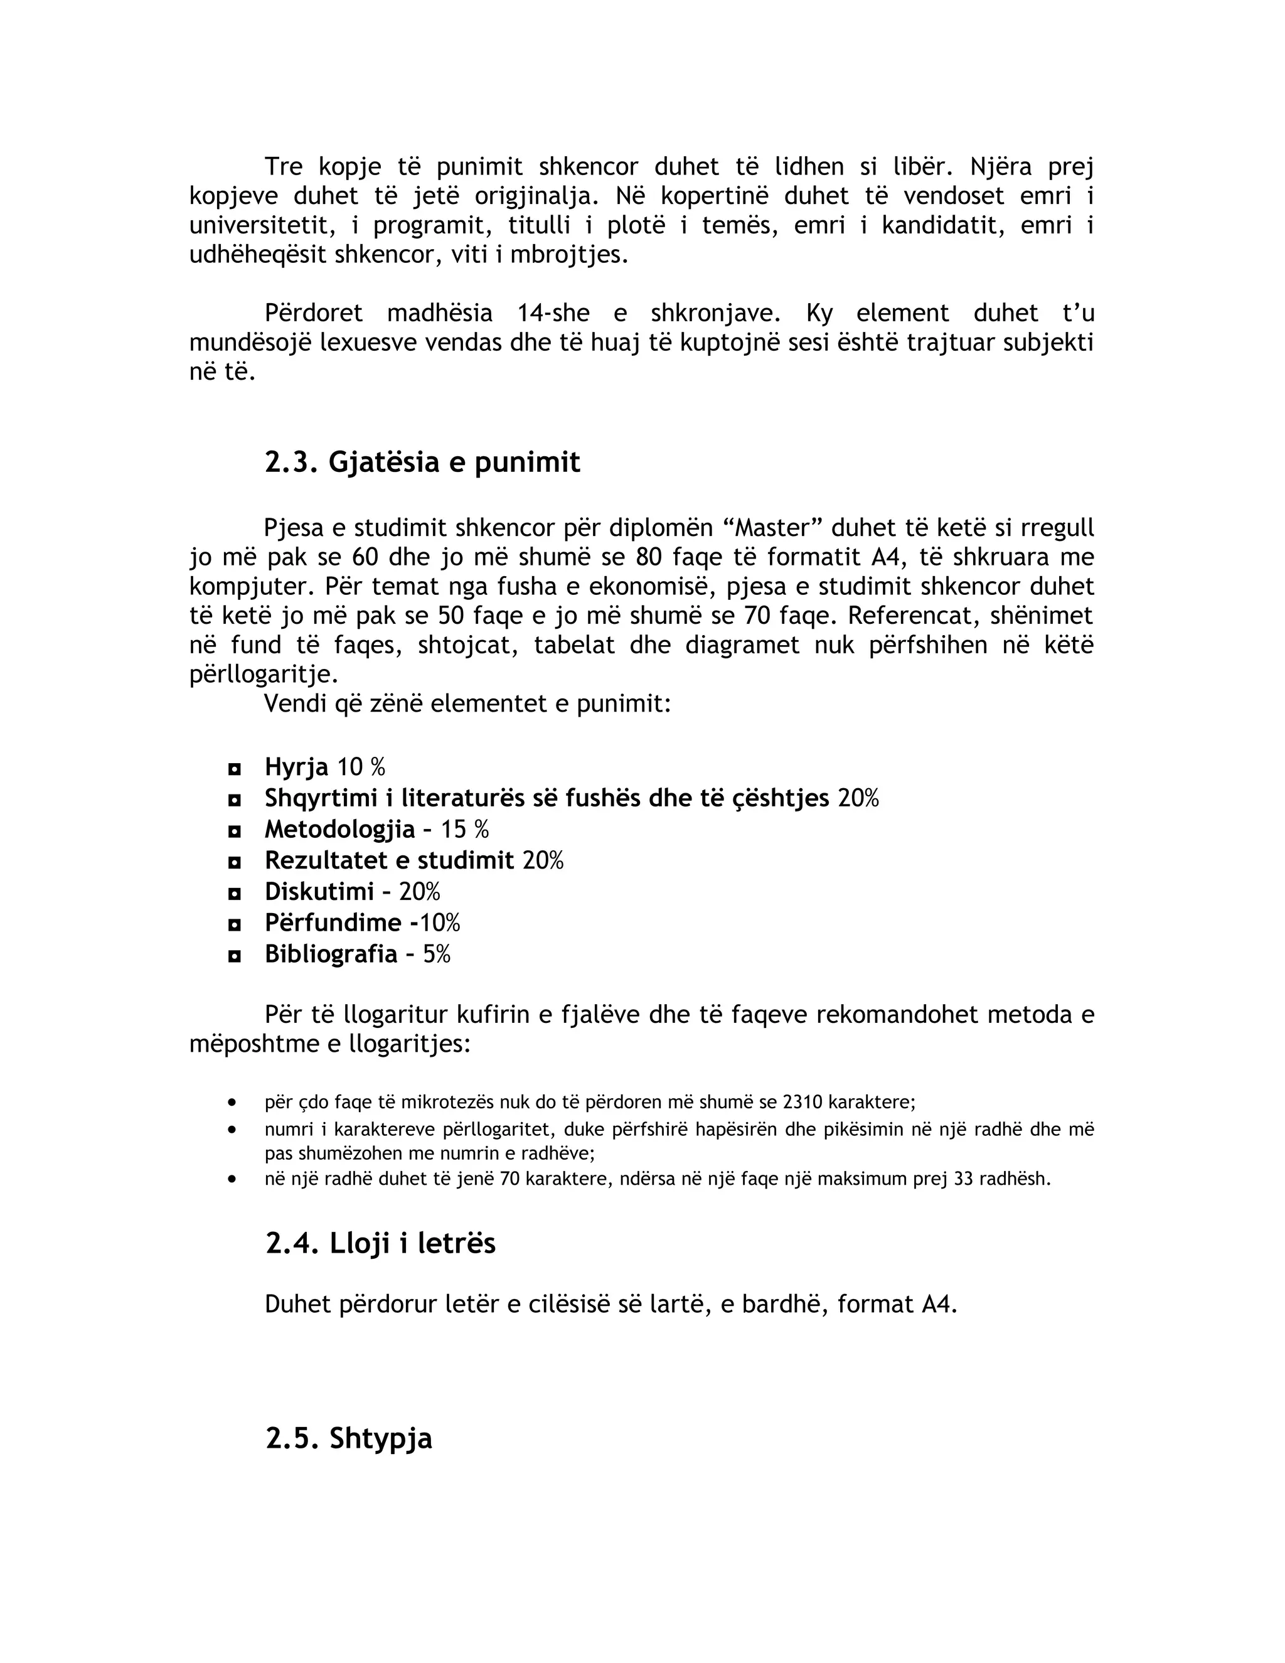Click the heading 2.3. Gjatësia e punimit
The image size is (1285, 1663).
tap(422, 463)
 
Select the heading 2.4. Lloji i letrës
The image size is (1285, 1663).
tap(381, 1243)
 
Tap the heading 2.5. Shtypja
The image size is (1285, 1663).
tap(349, 1438)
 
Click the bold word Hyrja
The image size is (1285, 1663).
tap(296, 767)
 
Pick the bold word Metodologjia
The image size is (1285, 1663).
tap(339, 829)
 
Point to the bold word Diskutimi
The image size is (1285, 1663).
tap(319, 892)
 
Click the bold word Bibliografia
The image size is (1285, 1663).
tap(331, 954)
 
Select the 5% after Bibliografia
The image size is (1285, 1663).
tap(437, 954)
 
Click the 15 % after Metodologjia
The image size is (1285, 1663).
tap(464, 829)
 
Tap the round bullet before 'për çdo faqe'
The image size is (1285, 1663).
tap(232, 1102)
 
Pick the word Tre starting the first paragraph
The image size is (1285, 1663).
tap(283, 167)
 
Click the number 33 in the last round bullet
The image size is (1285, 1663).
tap(964, 1180)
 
